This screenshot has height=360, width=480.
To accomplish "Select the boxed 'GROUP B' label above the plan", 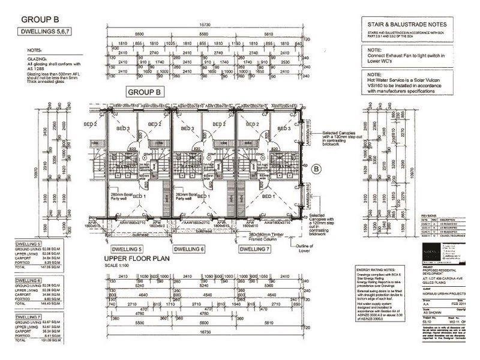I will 145,92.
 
